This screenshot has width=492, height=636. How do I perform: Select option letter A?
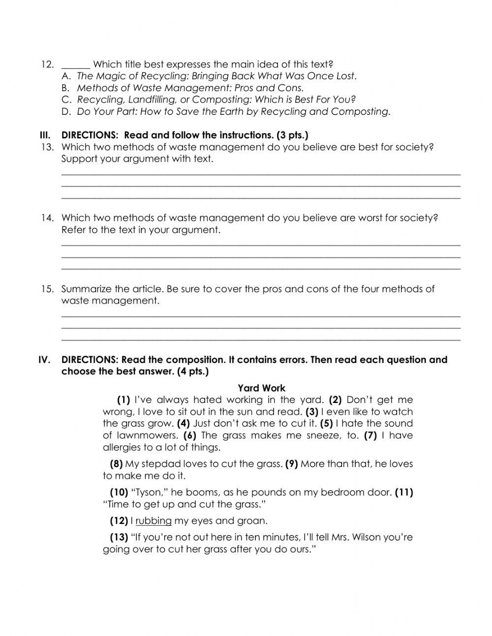[66, 76]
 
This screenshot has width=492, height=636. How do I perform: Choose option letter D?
[66, 112]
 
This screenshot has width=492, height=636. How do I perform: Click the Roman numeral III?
[45, 135]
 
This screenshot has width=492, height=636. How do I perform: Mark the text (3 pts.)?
[292, 135]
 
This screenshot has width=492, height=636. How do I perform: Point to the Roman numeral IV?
[45, 360]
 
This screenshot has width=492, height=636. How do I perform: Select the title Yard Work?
[261, 388]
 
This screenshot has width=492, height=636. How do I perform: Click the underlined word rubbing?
[154, 521]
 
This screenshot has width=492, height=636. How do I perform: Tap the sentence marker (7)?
[370, 435]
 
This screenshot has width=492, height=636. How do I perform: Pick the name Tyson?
[148, 492]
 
